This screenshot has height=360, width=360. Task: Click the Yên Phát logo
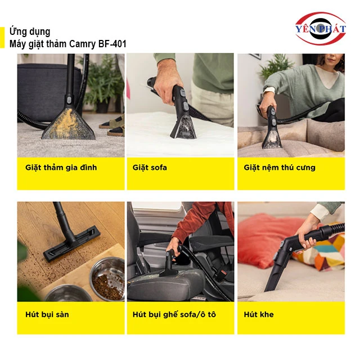click(321, 29)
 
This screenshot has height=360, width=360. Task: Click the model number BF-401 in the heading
click(112, 44)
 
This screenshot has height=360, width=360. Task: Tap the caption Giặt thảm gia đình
click(61, 168)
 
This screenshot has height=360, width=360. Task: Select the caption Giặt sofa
click(150, 168)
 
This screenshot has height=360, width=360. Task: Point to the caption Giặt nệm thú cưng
click(280, 168)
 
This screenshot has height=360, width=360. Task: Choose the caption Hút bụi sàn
click(47, 314)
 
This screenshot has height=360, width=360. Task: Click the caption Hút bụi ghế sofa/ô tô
click(174, 314)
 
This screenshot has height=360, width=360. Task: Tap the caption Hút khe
click(259, 314)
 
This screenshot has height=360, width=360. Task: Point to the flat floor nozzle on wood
click(72, 244)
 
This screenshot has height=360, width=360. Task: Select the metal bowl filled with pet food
click(107, 279)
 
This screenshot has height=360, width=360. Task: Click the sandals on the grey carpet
click(113, 126)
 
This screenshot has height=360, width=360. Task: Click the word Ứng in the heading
click(15, 31)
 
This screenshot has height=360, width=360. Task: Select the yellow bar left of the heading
click(2, 38)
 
